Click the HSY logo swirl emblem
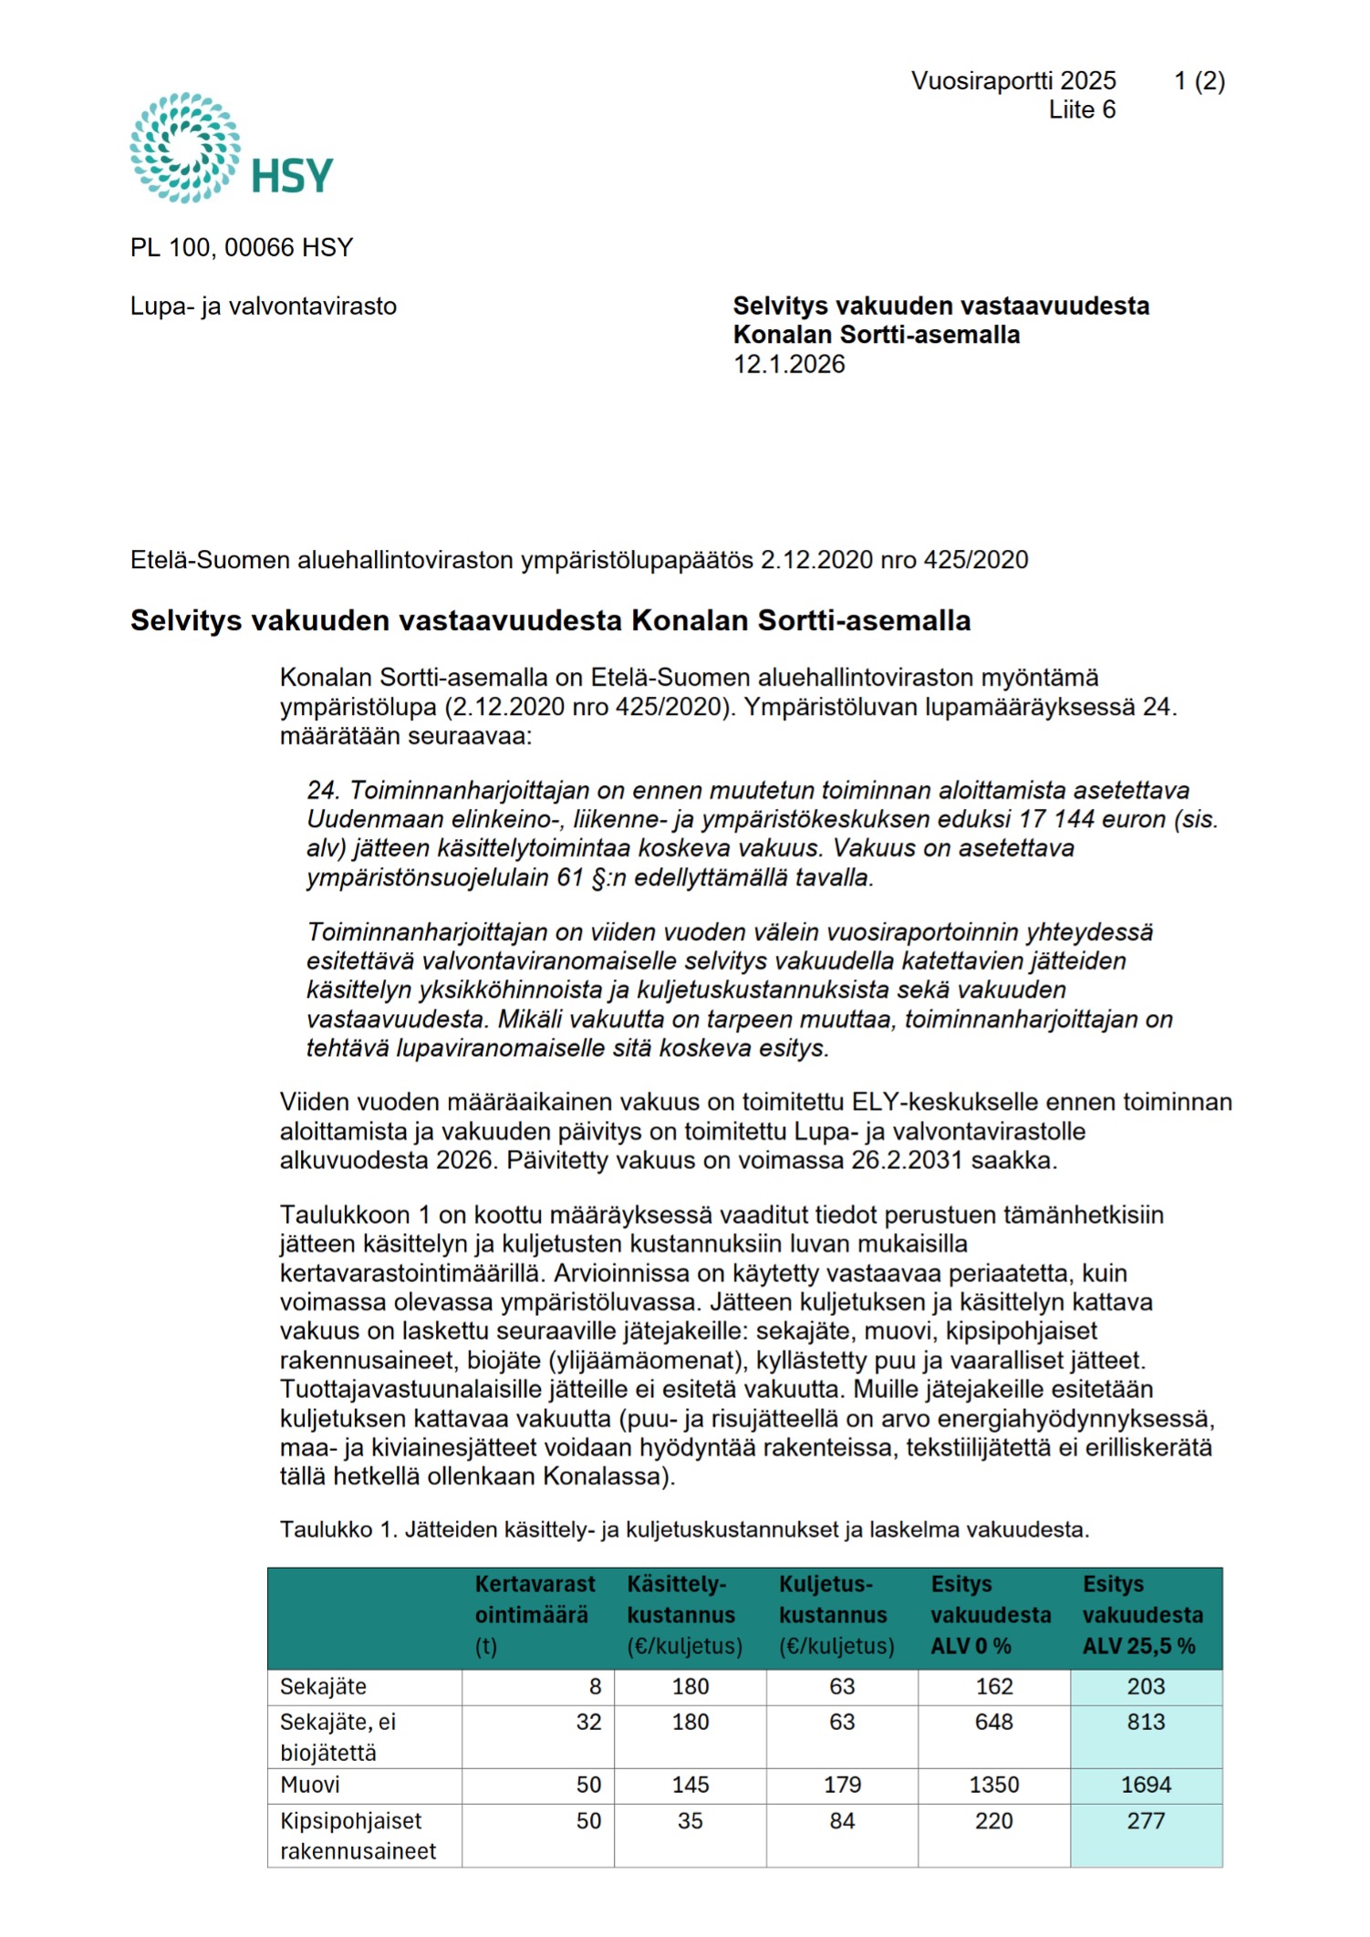tap(185, 147)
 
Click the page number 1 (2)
tap(1199, 81)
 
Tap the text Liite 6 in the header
tap(1082, 110)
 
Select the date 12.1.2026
tap(789, 365)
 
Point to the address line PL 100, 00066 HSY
tap(242, 248)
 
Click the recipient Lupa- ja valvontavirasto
tap(264, 306)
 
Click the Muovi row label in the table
tap(310, 1785)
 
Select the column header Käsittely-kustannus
tap(684, 1614)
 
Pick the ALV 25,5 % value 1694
tap(1146, 1785)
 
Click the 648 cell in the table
tap(993, 1722)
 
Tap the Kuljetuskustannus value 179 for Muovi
tap(842, 1785)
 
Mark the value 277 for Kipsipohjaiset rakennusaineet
tap(1146, 1821)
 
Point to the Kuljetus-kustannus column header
tap(836, 1614)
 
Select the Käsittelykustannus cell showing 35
tap(690, 1821)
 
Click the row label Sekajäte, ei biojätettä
tap(338, 1736)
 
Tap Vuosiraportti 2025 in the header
tap(1013, 81)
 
